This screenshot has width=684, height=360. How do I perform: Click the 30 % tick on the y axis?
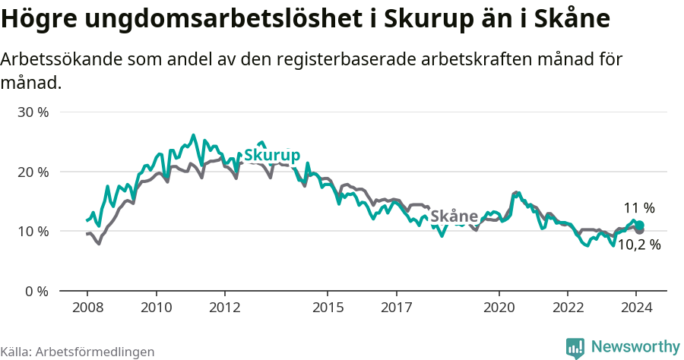pos(33,112)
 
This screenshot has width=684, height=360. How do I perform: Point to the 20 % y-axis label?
pos(33,172)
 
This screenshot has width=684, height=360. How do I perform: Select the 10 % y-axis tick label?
pos(33,231)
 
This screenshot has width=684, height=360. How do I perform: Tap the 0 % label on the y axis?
pos(37,291)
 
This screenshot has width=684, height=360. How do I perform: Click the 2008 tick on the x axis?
pos(87,308)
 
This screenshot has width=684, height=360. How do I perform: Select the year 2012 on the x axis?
pos(224,308)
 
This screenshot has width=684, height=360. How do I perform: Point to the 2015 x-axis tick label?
pos(328,308)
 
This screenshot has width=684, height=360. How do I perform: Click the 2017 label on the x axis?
pos(396,308)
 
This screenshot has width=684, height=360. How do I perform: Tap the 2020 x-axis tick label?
pos(499,308)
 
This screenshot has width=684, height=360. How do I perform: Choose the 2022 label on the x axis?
pos(568,308)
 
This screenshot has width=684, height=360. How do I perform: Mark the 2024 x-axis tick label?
pos(636,308)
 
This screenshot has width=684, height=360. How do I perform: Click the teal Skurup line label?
pos(271,155)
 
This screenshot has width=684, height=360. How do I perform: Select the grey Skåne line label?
pos(454,216)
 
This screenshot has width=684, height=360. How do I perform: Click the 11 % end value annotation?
pos(639,208)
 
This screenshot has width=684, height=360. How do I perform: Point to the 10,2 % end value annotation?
pos(638,245)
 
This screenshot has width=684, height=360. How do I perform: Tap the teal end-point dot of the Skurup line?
pos(640,225)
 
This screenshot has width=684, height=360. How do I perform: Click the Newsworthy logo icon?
pos(575,347)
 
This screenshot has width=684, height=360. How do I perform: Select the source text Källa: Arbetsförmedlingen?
pos(78,352)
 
